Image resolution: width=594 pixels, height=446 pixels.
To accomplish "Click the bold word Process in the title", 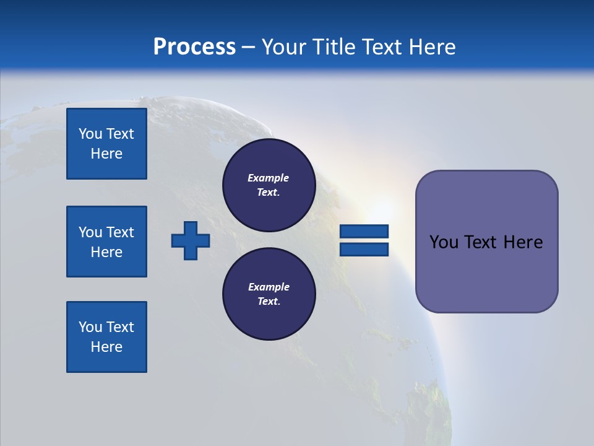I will [194, 47].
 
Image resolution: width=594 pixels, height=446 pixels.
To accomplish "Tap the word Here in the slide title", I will [432, 47].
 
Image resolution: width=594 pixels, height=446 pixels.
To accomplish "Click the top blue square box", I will [106, 144].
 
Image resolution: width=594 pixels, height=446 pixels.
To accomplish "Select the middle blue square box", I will [106, 242].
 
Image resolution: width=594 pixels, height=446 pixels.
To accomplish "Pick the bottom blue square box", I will [106, 337].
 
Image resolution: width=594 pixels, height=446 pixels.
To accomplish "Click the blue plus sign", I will [191, 240].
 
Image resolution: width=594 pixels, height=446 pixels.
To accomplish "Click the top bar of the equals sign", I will [364, 231].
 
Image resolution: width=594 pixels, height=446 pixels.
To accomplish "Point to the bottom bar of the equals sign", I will [364, 249].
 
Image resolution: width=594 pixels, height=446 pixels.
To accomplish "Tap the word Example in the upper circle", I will [269, 178].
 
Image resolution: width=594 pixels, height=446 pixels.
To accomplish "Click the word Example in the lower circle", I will [269, 287].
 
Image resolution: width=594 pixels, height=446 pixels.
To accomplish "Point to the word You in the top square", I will [90, 134].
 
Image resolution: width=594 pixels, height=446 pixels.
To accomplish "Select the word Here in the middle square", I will [106, 252].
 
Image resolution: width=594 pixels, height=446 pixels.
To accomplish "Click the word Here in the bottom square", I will [106, 347].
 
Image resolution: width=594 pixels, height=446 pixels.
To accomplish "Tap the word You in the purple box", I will [443, 242].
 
